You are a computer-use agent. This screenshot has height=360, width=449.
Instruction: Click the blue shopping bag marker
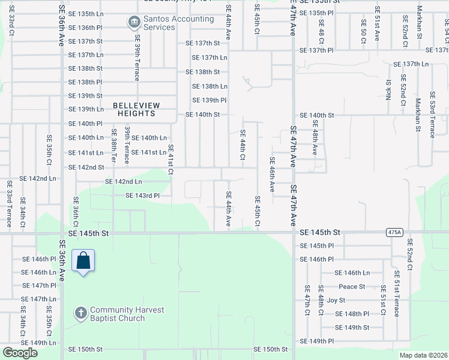[83, 262]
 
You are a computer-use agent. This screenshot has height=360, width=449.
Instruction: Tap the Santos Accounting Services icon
[133, 23]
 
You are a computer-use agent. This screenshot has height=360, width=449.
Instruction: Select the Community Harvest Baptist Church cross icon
[81, 313]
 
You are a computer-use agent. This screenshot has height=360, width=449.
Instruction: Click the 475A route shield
[393, 232]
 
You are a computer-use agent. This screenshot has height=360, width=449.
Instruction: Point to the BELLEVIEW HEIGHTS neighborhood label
[134, 109]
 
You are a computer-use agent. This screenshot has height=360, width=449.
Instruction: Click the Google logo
[20, 353]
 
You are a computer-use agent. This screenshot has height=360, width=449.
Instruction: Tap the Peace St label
[352, 286]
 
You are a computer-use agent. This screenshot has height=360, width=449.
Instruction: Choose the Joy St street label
[336, 300]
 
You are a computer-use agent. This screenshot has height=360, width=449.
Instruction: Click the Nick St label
[389, 89]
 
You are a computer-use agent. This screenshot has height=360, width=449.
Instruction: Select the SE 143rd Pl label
[142, 196]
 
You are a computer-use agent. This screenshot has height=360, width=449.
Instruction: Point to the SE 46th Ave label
[272, 175]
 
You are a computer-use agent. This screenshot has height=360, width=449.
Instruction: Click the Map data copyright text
[423, 355]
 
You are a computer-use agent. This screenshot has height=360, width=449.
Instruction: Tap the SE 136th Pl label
[86, 28]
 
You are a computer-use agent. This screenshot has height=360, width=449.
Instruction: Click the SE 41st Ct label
[170, 160]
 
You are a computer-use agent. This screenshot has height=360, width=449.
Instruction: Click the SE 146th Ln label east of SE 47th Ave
[352, 272]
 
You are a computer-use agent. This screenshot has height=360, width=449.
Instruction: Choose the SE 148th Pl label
[352, 314]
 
